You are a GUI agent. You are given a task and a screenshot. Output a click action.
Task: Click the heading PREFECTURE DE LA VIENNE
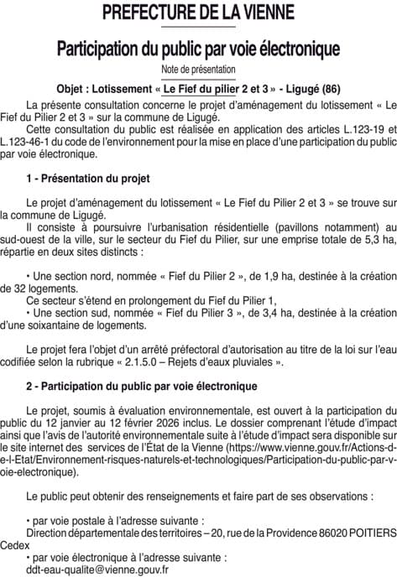[x=198, y=13]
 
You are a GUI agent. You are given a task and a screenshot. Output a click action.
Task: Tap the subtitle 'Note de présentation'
[x=198, y=69]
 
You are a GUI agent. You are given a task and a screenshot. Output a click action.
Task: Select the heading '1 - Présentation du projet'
[x=88, y=179]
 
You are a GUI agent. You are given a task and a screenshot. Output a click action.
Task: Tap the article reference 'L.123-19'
[x=351, y=129]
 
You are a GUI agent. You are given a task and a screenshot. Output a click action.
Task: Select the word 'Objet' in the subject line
[x=74, y=88]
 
